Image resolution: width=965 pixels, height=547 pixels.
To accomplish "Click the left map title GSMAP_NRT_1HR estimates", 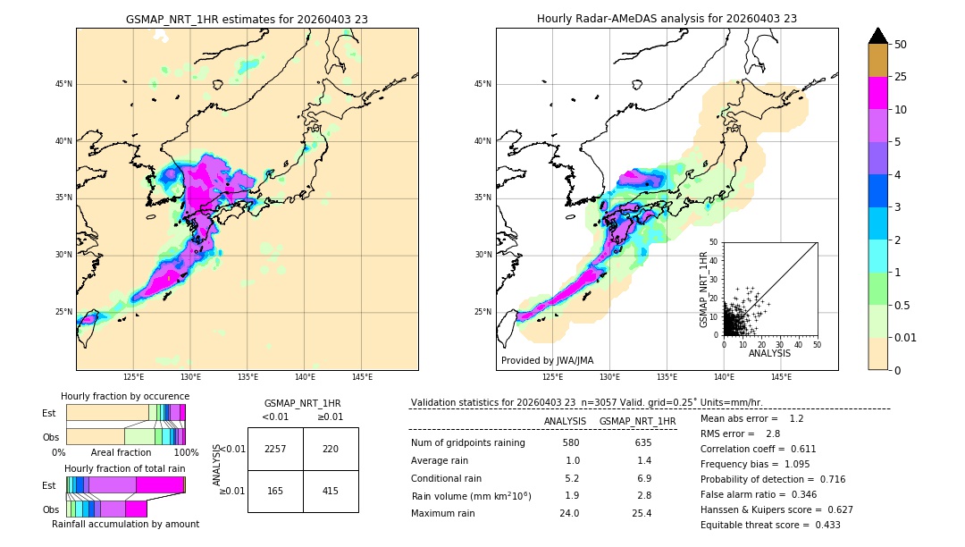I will coord(247,19).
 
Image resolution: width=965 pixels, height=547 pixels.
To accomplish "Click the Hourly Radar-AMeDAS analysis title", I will coord(667,19).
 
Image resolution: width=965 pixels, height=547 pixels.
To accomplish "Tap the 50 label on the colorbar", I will coord(901,45).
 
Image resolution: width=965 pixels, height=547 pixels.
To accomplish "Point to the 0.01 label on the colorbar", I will coord(906,337).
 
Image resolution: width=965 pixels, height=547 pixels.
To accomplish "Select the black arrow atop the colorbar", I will coord(878,36).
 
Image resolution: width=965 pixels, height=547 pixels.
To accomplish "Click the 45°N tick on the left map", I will coord(63,84).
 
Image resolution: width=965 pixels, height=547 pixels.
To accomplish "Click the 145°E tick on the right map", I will coord(781,377).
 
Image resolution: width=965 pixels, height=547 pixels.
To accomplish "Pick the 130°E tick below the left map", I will coord(190,377).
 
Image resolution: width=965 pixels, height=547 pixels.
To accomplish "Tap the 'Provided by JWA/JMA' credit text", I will coord(547,361).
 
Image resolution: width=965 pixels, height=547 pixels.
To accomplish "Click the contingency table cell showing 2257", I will coord(275,449).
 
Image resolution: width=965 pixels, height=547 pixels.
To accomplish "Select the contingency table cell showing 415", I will coord(331,491).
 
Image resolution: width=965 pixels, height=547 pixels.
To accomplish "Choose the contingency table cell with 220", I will coord(331,449).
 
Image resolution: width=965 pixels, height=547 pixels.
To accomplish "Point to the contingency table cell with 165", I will coord(275,491).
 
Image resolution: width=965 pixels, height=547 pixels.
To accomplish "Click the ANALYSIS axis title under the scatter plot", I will coord(769,353).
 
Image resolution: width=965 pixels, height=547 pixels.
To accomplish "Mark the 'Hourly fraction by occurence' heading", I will coord(125,396).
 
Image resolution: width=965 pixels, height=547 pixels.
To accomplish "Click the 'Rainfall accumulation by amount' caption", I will coord(125,524).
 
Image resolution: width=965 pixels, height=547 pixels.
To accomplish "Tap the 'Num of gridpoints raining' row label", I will coord(467,442).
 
